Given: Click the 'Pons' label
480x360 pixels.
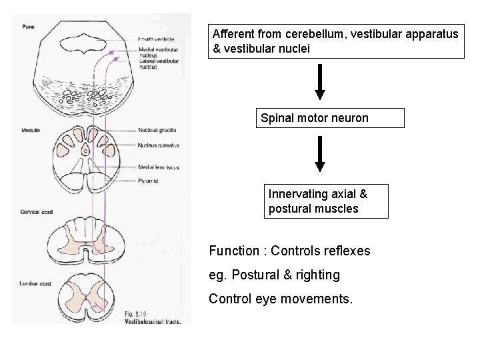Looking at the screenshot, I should coord(27,26).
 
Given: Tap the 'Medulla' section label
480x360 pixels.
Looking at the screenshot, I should coord(30,130).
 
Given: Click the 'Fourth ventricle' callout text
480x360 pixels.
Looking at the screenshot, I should coord(156,39).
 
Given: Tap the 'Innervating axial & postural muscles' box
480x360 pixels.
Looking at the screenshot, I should coord(326,201).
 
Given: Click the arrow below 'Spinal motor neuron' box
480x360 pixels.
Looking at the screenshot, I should coord(321,153).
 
